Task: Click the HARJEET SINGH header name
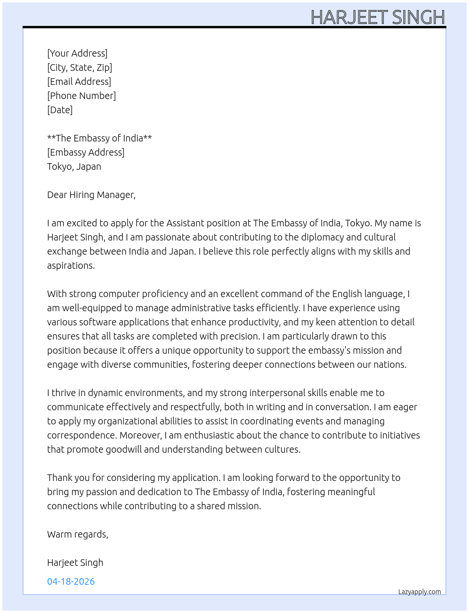coord(378,17)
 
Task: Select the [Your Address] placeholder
coord(77,53)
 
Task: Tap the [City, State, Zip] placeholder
coord(80,67)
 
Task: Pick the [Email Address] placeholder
coord(79,82)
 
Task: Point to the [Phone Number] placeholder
coord(81,96)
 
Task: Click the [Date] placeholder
coord(60,110)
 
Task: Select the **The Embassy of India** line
coord(99,138)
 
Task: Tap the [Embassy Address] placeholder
coord(86,152)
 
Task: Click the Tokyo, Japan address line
coord(74,166)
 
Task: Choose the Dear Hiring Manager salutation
coord(91,195)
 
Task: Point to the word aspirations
coord(71,265)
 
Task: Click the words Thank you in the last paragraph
coord(68,478)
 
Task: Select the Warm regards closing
coord(78,534)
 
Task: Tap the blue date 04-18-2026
coord(71,581)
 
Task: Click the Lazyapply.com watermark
coord(420,592)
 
